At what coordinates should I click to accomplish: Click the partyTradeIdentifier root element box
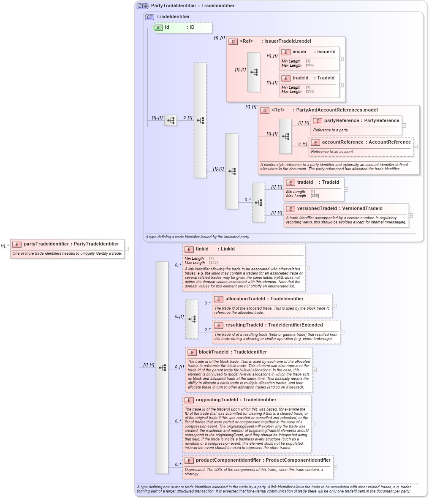point(68,248)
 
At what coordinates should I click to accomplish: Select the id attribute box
point(182,27)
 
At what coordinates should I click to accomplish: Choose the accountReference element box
point(361,147)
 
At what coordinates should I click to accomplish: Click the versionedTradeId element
point(346,215)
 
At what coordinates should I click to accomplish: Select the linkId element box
point(244,267)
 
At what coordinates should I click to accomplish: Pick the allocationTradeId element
point(272,305)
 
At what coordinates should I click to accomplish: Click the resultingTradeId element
point(276,332)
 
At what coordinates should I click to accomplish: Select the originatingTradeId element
point(247,424)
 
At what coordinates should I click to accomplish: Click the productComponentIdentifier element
point(258,467)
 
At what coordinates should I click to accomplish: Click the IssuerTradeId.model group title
point(288,41)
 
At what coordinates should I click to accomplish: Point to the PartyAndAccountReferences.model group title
point(337,110)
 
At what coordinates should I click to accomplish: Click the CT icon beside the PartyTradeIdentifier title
point(142,6)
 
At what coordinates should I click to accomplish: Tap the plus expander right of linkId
point(307,268)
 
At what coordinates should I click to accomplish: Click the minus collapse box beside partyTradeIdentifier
point(127,249)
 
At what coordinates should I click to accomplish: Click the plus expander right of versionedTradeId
point(411,215)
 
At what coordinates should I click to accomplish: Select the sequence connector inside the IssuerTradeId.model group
point(254,72)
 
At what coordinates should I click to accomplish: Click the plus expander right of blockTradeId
point(315,370)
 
